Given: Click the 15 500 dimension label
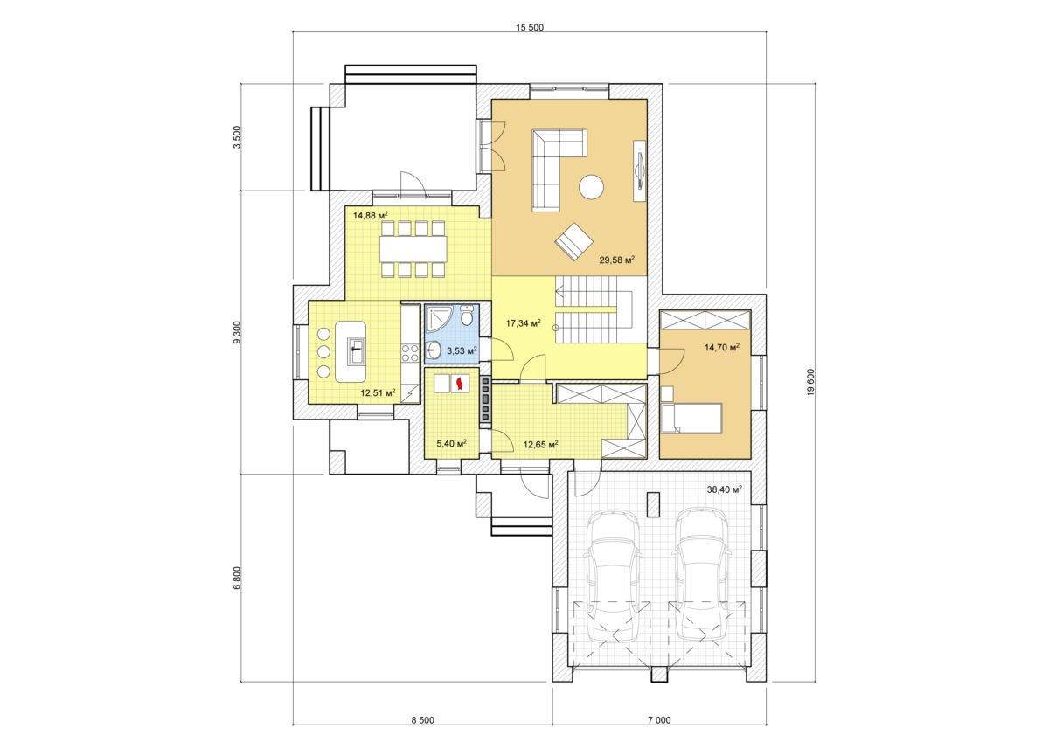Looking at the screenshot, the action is tap(530, 28).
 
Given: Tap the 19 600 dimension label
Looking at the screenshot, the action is tap(811, 383).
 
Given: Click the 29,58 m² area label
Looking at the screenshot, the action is tap(617, 260).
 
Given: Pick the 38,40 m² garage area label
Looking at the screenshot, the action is tap(725, 489).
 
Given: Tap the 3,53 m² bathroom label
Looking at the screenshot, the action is tap(462, 350).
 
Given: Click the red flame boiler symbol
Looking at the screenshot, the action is tap(460, 384).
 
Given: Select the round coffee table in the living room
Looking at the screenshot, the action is tap(591, 187).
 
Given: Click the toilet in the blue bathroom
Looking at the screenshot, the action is tap(467, 316).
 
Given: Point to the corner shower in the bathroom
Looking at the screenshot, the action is tap(439, 318).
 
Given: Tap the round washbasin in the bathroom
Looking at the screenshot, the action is tap(434, 350).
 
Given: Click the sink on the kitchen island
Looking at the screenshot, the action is tap(356, 351).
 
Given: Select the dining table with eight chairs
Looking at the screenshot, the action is tap(413, 249).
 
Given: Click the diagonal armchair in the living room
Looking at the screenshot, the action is tap(573, 241).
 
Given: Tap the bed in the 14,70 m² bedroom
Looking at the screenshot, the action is tap(691, 418).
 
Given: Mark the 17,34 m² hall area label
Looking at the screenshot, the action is tap(524, 323).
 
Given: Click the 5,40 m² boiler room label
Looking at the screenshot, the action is tap(451, 443).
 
